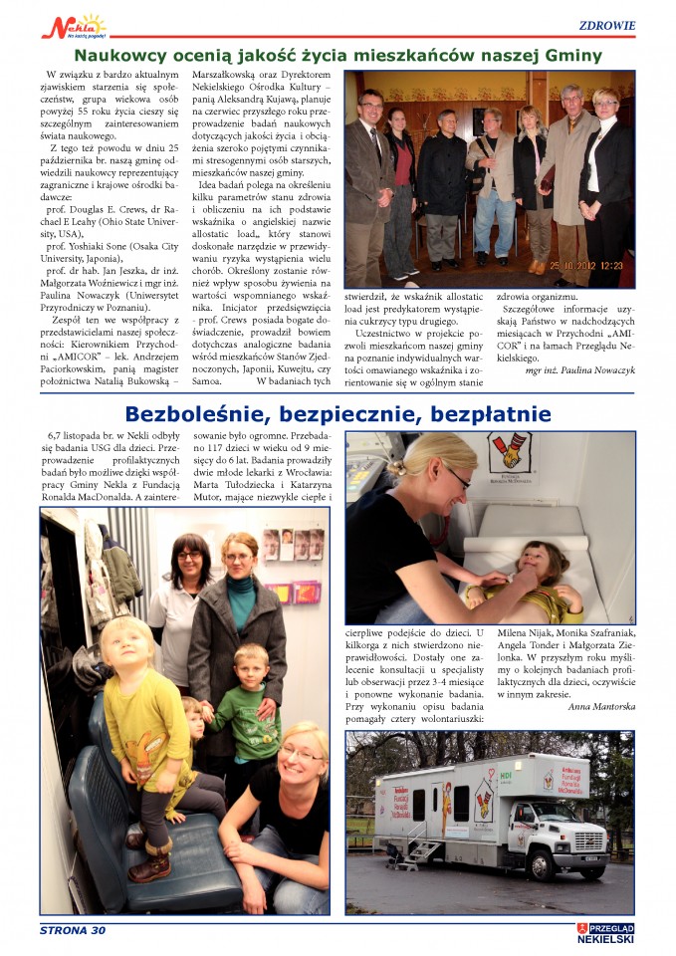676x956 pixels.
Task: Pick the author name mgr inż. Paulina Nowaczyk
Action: [580, 370]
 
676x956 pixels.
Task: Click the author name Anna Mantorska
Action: [600, 707]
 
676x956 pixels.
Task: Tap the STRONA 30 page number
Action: [73, 931]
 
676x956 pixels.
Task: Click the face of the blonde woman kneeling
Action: [302, 752]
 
